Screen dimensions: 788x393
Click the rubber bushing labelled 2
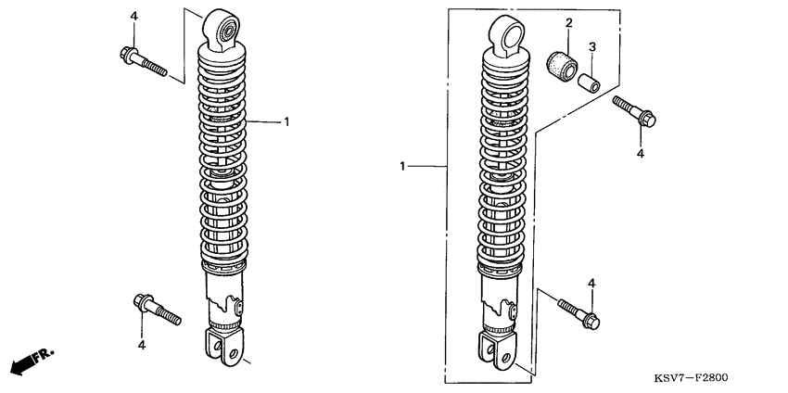(562, 65)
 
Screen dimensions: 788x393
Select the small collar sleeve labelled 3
(589, 83)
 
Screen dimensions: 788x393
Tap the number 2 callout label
(569, 22)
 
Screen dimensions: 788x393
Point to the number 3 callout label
(592, 47)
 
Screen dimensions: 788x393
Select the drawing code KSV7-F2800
(691, 377)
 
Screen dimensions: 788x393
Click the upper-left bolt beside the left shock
(143, 61)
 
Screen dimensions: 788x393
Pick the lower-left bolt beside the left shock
(158, 309)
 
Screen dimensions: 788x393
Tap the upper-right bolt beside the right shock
(634, 111)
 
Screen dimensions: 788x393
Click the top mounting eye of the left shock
(222, 30)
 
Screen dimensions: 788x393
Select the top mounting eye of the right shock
(507, 34)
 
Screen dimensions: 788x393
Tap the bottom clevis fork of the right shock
(498, 350)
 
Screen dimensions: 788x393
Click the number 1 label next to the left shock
(286, 121)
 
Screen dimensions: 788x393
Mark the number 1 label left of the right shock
(402, 166)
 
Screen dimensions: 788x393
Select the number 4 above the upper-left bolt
(133, 16)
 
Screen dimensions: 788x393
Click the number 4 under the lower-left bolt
(142, 345)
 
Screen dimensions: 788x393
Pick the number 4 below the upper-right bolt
(641, 154)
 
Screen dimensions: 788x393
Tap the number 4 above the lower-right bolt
(591, 284)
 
